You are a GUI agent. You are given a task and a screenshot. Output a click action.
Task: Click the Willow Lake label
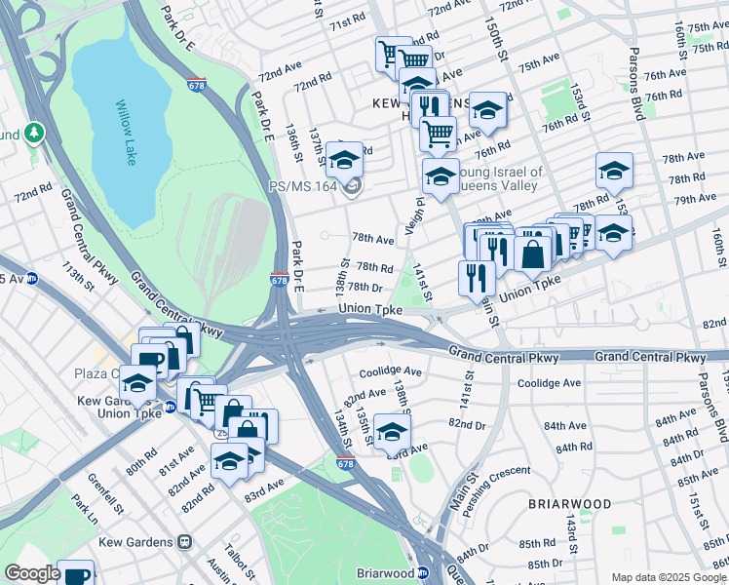[x=126, y=132]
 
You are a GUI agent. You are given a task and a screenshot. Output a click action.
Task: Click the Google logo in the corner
[x=32, y=573]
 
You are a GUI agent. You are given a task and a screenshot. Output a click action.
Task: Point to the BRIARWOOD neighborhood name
[x=570, y=504]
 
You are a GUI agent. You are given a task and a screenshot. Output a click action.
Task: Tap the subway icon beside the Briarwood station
[x=424, y=573]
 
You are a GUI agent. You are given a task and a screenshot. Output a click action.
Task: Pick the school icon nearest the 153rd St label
[x=614, y=170]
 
